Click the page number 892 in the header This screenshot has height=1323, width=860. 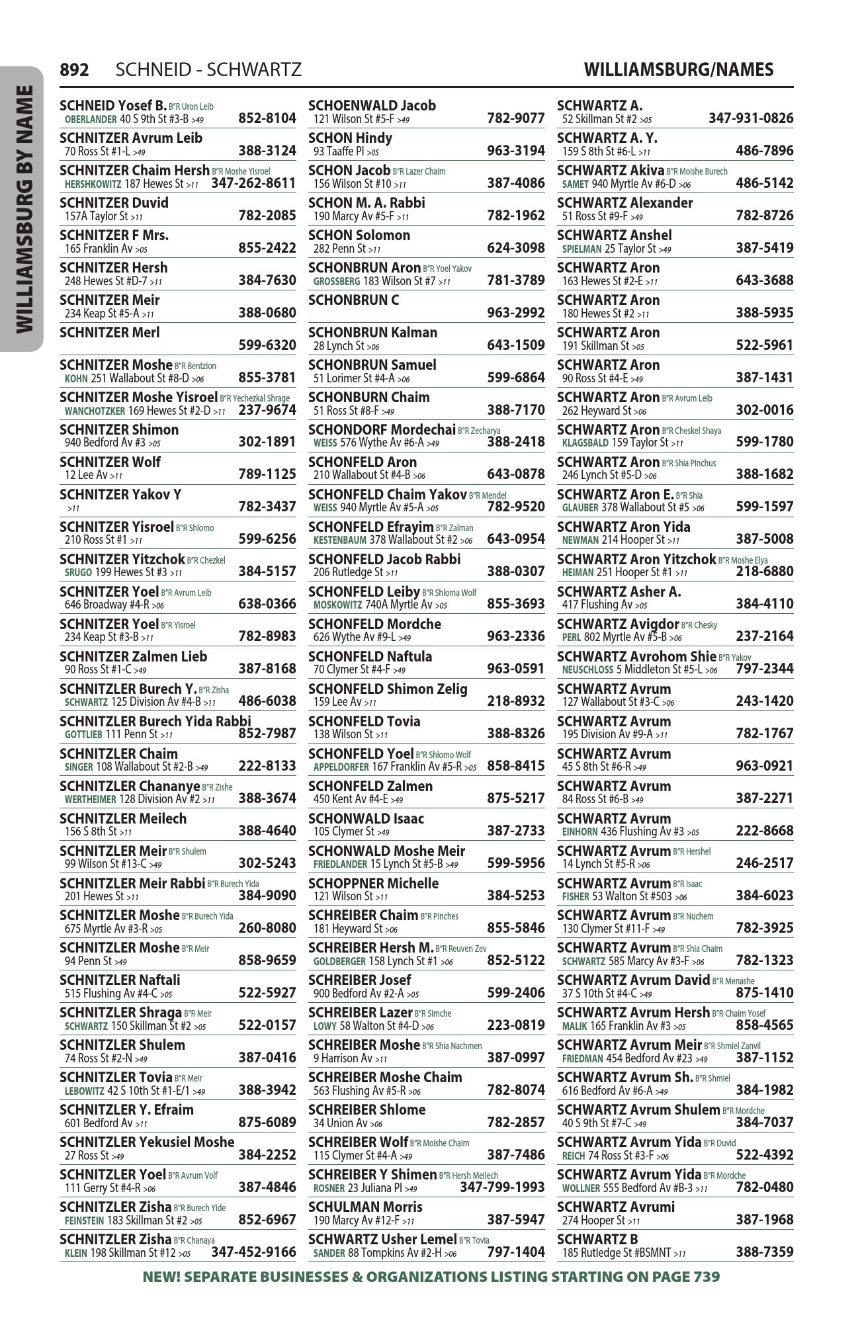point(74,69)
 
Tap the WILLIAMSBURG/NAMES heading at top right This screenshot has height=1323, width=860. point(679,69)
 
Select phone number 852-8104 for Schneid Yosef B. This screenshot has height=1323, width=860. point(267,118)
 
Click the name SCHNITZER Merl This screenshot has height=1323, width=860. point(110,332)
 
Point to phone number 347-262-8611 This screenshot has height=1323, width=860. point(253,183)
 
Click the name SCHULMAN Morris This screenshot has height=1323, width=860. point(365,1207)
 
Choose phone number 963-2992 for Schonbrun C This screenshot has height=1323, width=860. point(515,312)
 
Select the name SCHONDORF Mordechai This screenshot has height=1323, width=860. point(382,430)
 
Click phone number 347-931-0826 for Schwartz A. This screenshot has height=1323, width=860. point(751,118)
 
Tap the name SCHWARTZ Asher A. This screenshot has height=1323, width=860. point(619,591)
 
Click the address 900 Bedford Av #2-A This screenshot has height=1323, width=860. point(359,994)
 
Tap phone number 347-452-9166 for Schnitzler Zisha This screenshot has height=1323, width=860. point(253,1252)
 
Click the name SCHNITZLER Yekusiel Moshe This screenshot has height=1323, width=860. point(147,1142)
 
